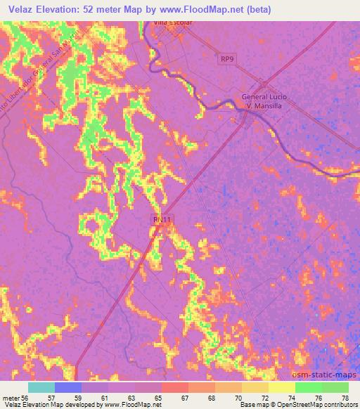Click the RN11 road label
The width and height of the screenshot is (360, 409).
(x=162, y=221)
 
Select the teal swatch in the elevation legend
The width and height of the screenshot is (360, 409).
(x=41, y=387)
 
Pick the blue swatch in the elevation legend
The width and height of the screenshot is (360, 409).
(x=68, y=387)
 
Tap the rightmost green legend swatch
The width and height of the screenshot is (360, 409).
(x=335, y=387)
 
